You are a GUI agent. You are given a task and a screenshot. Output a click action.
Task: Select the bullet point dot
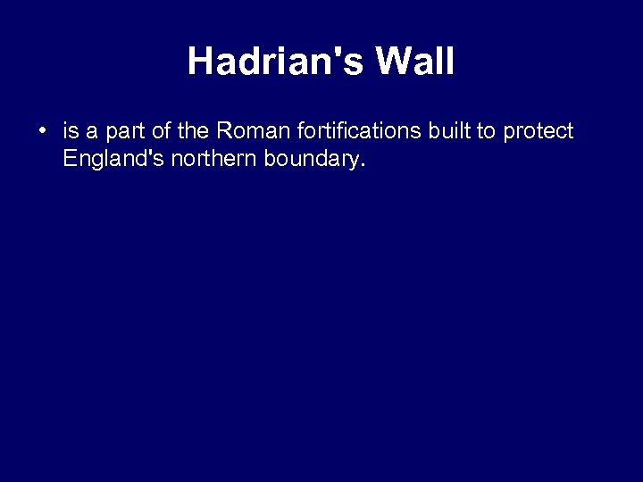[42, 132]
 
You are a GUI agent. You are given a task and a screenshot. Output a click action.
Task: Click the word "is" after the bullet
[70, 132]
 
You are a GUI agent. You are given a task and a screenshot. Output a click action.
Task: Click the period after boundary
[363, 167]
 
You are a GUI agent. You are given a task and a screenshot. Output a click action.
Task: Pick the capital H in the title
[200, 62]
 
